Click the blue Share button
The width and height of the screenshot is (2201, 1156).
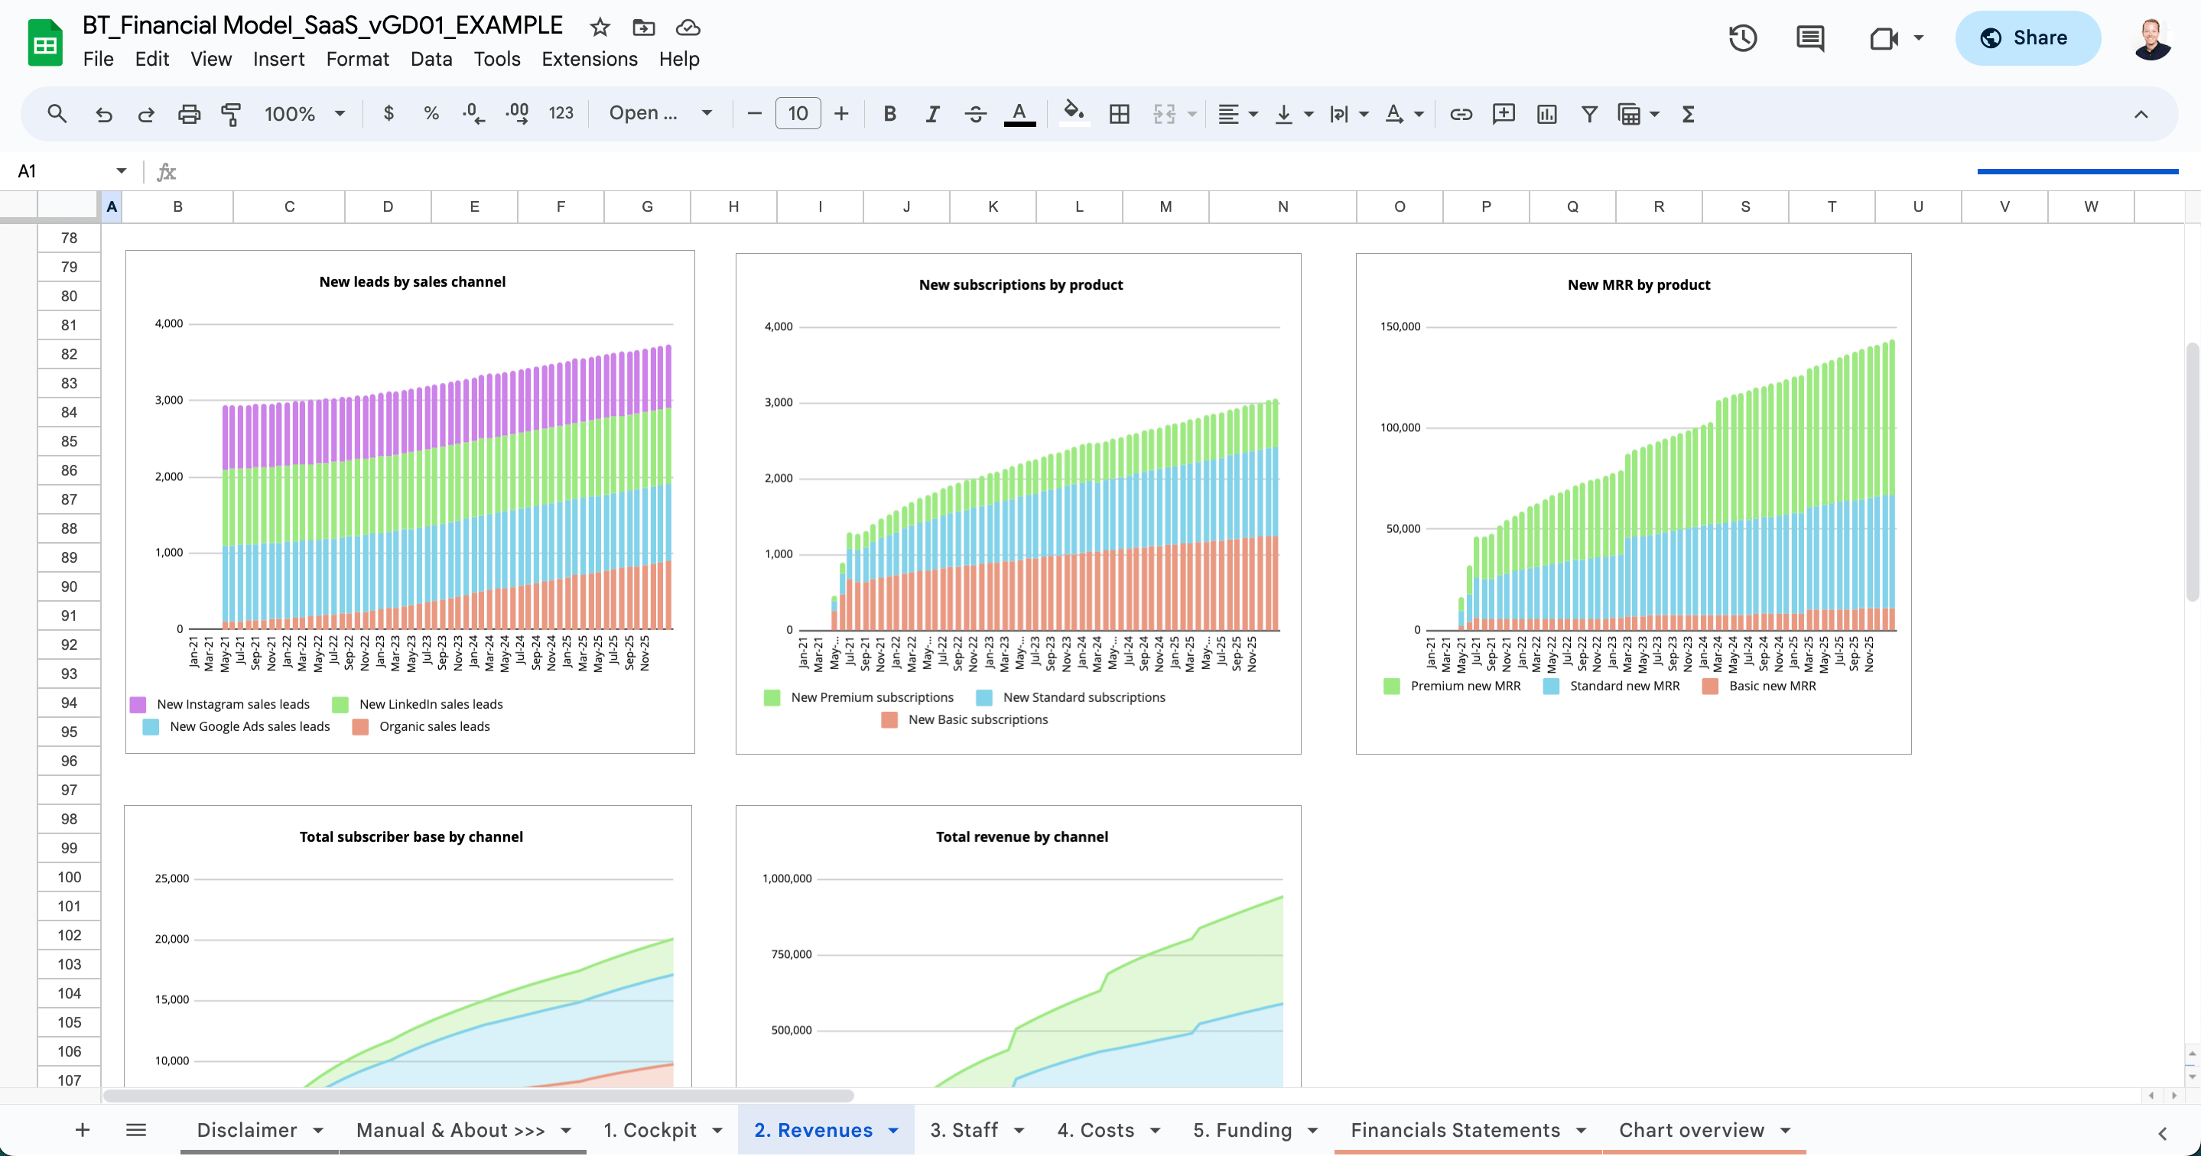2027,38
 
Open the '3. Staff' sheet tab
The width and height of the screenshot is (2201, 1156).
964,1129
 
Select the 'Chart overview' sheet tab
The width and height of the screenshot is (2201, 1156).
1691,1129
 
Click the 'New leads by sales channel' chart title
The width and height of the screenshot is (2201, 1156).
412,282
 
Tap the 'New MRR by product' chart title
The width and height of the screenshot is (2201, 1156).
1638,284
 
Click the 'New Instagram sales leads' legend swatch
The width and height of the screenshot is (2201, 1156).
138,705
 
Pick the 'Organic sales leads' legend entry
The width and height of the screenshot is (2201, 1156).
434,727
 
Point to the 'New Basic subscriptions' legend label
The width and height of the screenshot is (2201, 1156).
977,720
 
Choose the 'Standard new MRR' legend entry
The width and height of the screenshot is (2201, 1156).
1624,686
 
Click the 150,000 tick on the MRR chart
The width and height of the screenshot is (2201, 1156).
1400,326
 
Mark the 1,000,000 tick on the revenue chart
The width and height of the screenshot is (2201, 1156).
786,878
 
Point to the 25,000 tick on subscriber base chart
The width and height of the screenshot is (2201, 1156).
172,878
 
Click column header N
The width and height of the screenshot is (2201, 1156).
1282,206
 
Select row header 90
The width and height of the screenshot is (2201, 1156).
69,587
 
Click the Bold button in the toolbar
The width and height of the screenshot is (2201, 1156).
889,114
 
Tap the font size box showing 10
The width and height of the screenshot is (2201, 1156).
797,114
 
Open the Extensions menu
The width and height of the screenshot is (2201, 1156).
589,59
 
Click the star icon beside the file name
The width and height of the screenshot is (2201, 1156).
600,28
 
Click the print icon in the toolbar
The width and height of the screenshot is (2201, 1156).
189,114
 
